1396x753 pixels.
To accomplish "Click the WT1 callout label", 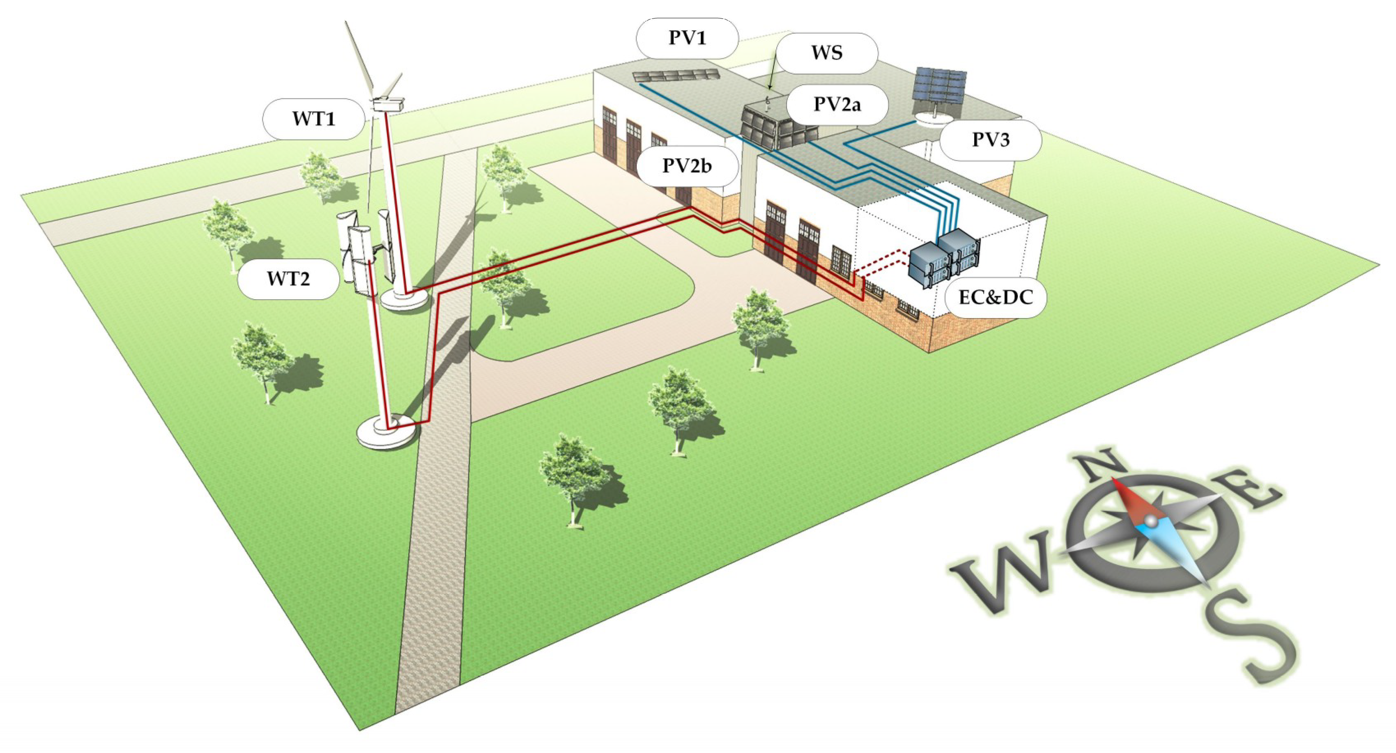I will (x=313, y=119).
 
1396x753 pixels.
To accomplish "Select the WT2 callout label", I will (x=288, y=279).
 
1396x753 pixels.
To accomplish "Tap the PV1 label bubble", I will (x=687, y=38).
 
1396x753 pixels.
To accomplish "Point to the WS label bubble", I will (x=826, y=53).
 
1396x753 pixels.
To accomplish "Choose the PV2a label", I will (x=837, y=104).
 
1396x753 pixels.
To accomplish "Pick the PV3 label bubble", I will (x=991, y=140).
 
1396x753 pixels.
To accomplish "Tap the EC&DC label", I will (x=996, y=297).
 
